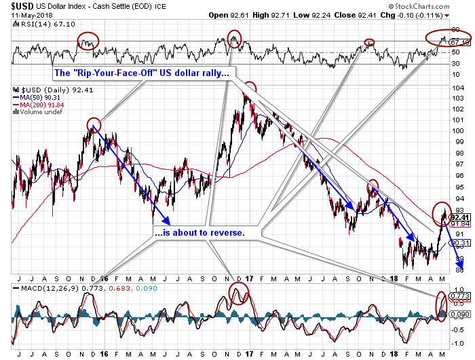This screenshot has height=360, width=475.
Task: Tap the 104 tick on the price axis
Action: click(459, 88)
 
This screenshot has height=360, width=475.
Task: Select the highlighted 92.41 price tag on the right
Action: click(460, 217)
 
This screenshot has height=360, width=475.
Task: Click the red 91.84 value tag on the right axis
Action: click(460, 224)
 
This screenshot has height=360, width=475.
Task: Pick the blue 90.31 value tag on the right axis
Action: click(460, 242)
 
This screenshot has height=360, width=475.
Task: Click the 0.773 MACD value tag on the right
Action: click(460, 296)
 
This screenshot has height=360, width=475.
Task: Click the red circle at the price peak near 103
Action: click(250, 88)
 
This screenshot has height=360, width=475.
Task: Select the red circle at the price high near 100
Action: click(94, 124)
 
